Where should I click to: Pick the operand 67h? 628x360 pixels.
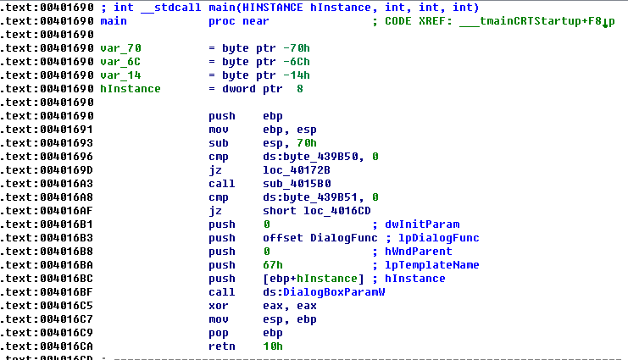[272, 265]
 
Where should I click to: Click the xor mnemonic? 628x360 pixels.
[218, 306]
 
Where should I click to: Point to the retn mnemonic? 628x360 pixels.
[221, 346]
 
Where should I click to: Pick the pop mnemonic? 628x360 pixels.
[218, 333]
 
